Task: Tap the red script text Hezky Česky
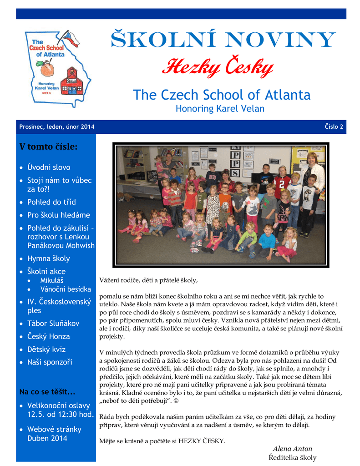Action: coord(218,68)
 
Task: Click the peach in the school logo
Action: coord(47,69)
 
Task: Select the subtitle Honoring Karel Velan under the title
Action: coord(220,109)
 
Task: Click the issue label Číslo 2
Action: coord(334,127)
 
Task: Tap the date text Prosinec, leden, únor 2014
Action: coord(57,127)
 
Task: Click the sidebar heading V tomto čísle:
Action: coord(48,147)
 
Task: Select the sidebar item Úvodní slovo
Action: coord(49,167)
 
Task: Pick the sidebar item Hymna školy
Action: coord(49,258)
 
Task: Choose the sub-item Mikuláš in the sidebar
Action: coord(52,280)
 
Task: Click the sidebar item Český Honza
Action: coord(49,336)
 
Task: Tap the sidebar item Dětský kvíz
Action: coord(46,349)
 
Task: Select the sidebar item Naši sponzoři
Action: coord(50,362)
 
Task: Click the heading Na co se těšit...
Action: coord(47,392)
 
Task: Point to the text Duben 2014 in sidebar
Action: coord(47,438)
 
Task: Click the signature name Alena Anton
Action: coord(292,449)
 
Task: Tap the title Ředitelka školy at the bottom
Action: coord(292,457)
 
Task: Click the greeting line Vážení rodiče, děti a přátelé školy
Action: coord(148,280)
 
